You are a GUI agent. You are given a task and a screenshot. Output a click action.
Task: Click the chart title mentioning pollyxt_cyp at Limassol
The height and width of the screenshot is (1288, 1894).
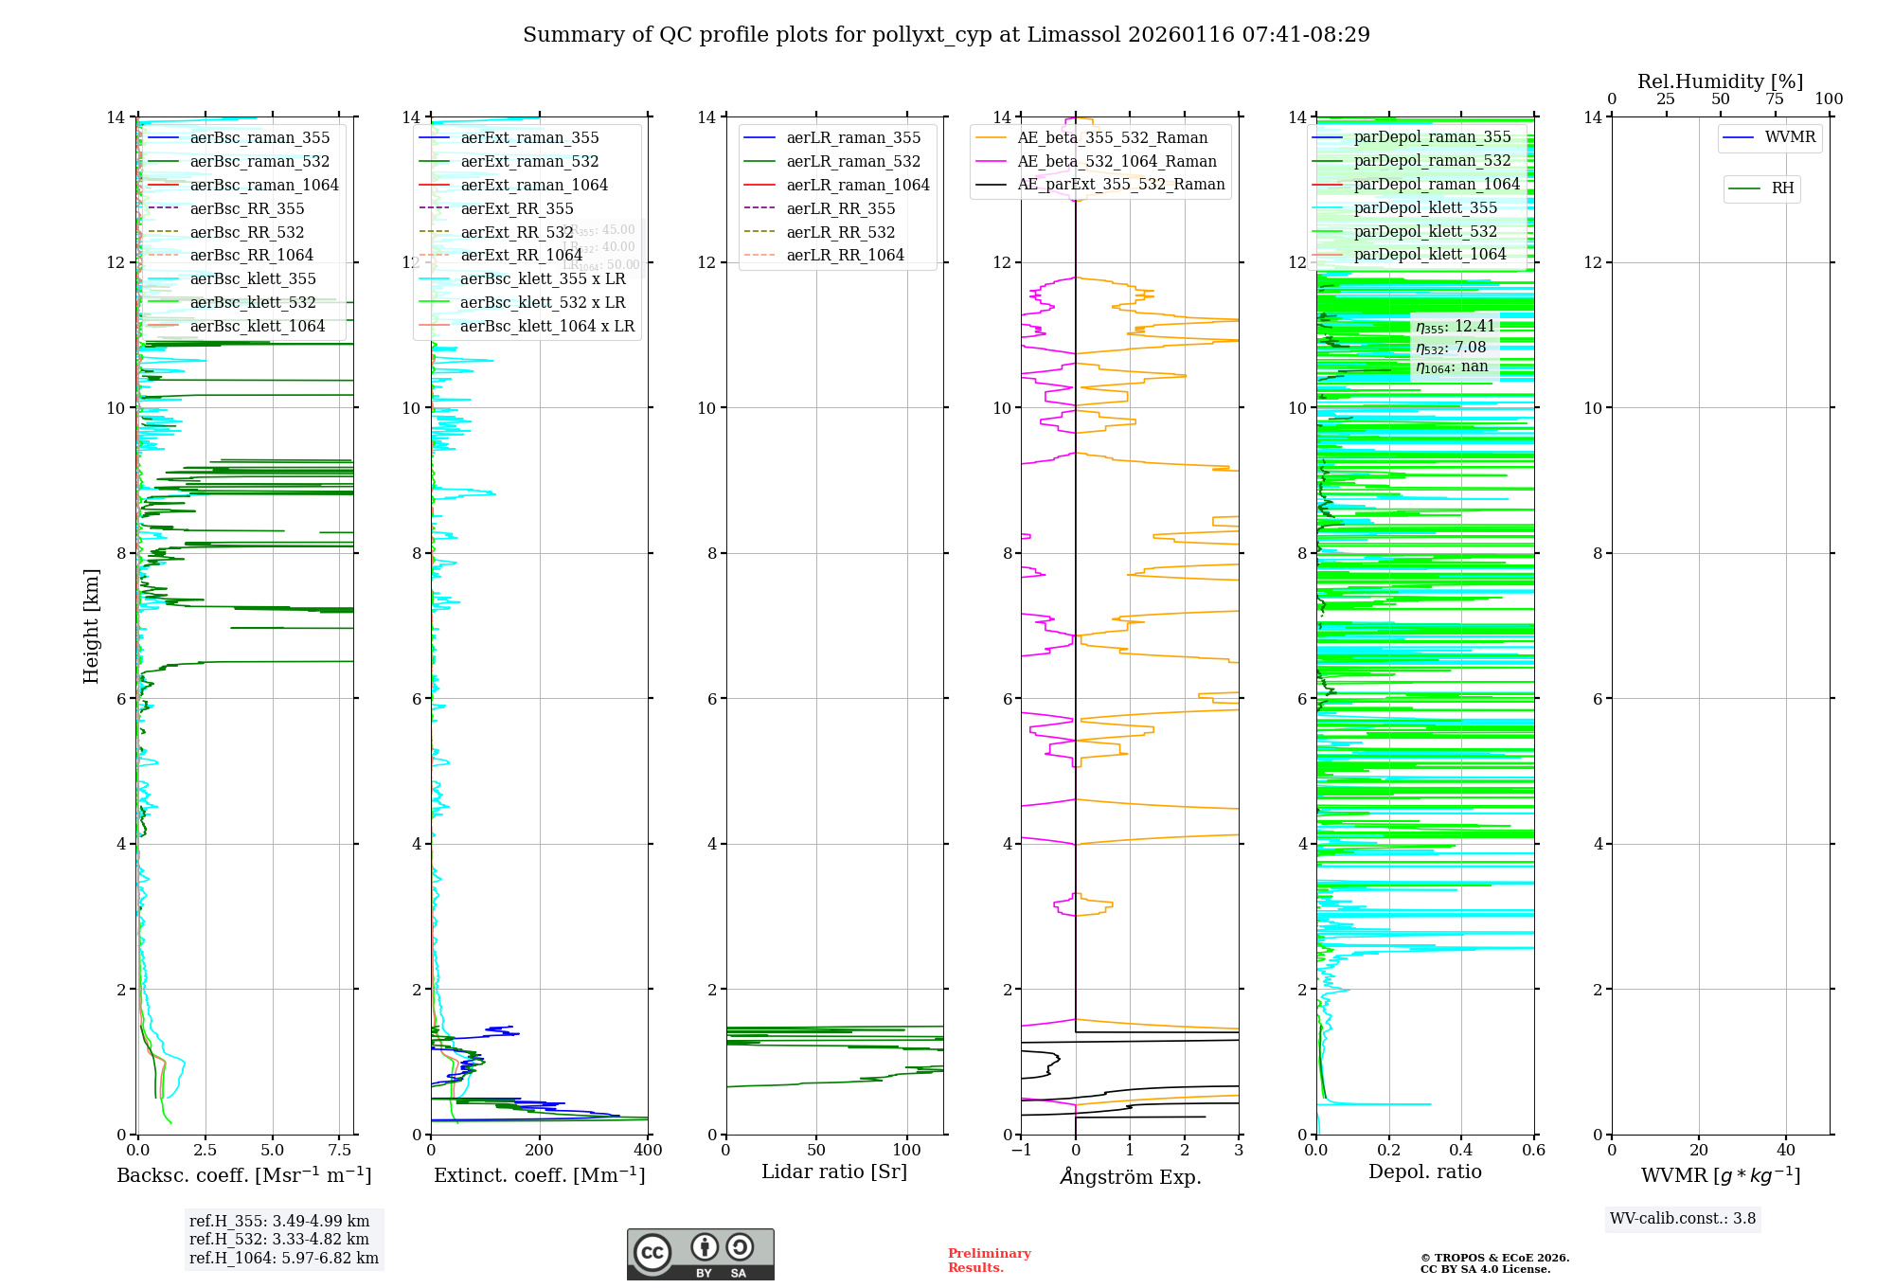point(946,35)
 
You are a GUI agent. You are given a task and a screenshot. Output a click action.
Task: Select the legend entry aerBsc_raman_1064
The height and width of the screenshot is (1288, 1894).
point(263,185)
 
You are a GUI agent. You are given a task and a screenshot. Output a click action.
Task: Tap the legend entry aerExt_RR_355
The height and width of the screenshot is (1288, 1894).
point(516,208)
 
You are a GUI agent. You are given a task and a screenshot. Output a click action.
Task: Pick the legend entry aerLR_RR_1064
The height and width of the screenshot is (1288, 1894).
point(845,255)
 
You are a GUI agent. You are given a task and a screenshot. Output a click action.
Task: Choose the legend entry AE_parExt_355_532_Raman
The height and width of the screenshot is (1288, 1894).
point(1120,184)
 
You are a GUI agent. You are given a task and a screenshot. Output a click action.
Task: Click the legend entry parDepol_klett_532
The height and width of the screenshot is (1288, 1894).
point(1425,231)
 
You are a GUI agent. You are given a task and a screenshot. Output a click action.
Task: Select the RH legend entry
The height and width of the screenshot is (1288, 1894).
point(1782,188)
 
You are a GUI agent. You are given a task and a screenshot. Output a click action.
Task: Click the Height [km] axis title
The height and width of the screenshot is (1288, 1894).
point(91,626)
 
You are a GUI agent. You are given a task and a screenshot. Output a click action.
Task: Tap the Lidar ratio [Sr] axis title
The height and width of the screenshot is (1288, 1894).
point(834,1172)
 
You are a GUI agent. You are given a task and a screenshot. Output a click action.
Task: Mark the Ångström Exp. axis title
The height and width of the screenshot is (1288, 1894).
point(1130,1176)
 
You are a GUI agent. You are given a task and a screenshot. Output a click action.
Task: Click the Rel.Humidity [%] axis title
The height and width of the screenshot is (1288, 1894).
point(1720,81)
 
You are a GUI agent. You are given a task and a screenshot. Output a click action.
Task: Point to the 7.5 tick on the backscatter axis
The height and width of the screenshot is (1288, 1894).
point(340,1150)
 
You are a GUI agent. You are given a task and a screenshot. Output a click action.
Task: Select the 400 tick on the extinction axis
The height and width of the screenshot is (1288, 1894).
point(648,1150)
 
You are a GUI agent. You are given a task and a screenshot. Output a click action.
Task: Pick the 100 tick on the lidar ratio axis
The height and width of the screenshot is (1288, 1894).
point(907,1150)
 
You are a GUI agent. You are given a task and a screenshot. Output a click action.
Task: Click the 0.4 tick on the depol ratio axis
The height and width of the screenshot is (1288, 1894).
point(1461,1150)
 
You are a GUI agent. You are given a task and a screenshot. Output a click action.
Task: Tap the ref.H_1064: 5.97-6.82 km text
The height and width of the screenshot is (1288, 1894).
point(283,1258)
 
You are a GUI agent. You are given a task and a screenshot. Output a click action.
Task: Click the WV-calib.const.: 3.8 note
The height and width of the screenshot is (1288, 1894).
point(1683,1219)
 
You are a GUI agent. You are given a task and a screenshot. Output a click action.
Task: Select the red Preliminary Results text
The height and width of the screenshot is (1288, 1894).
point(989,1261)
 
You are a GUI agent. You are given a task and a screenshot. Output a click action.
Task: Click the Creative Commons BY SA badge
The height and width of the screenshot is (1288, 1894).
point(700,1254)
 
